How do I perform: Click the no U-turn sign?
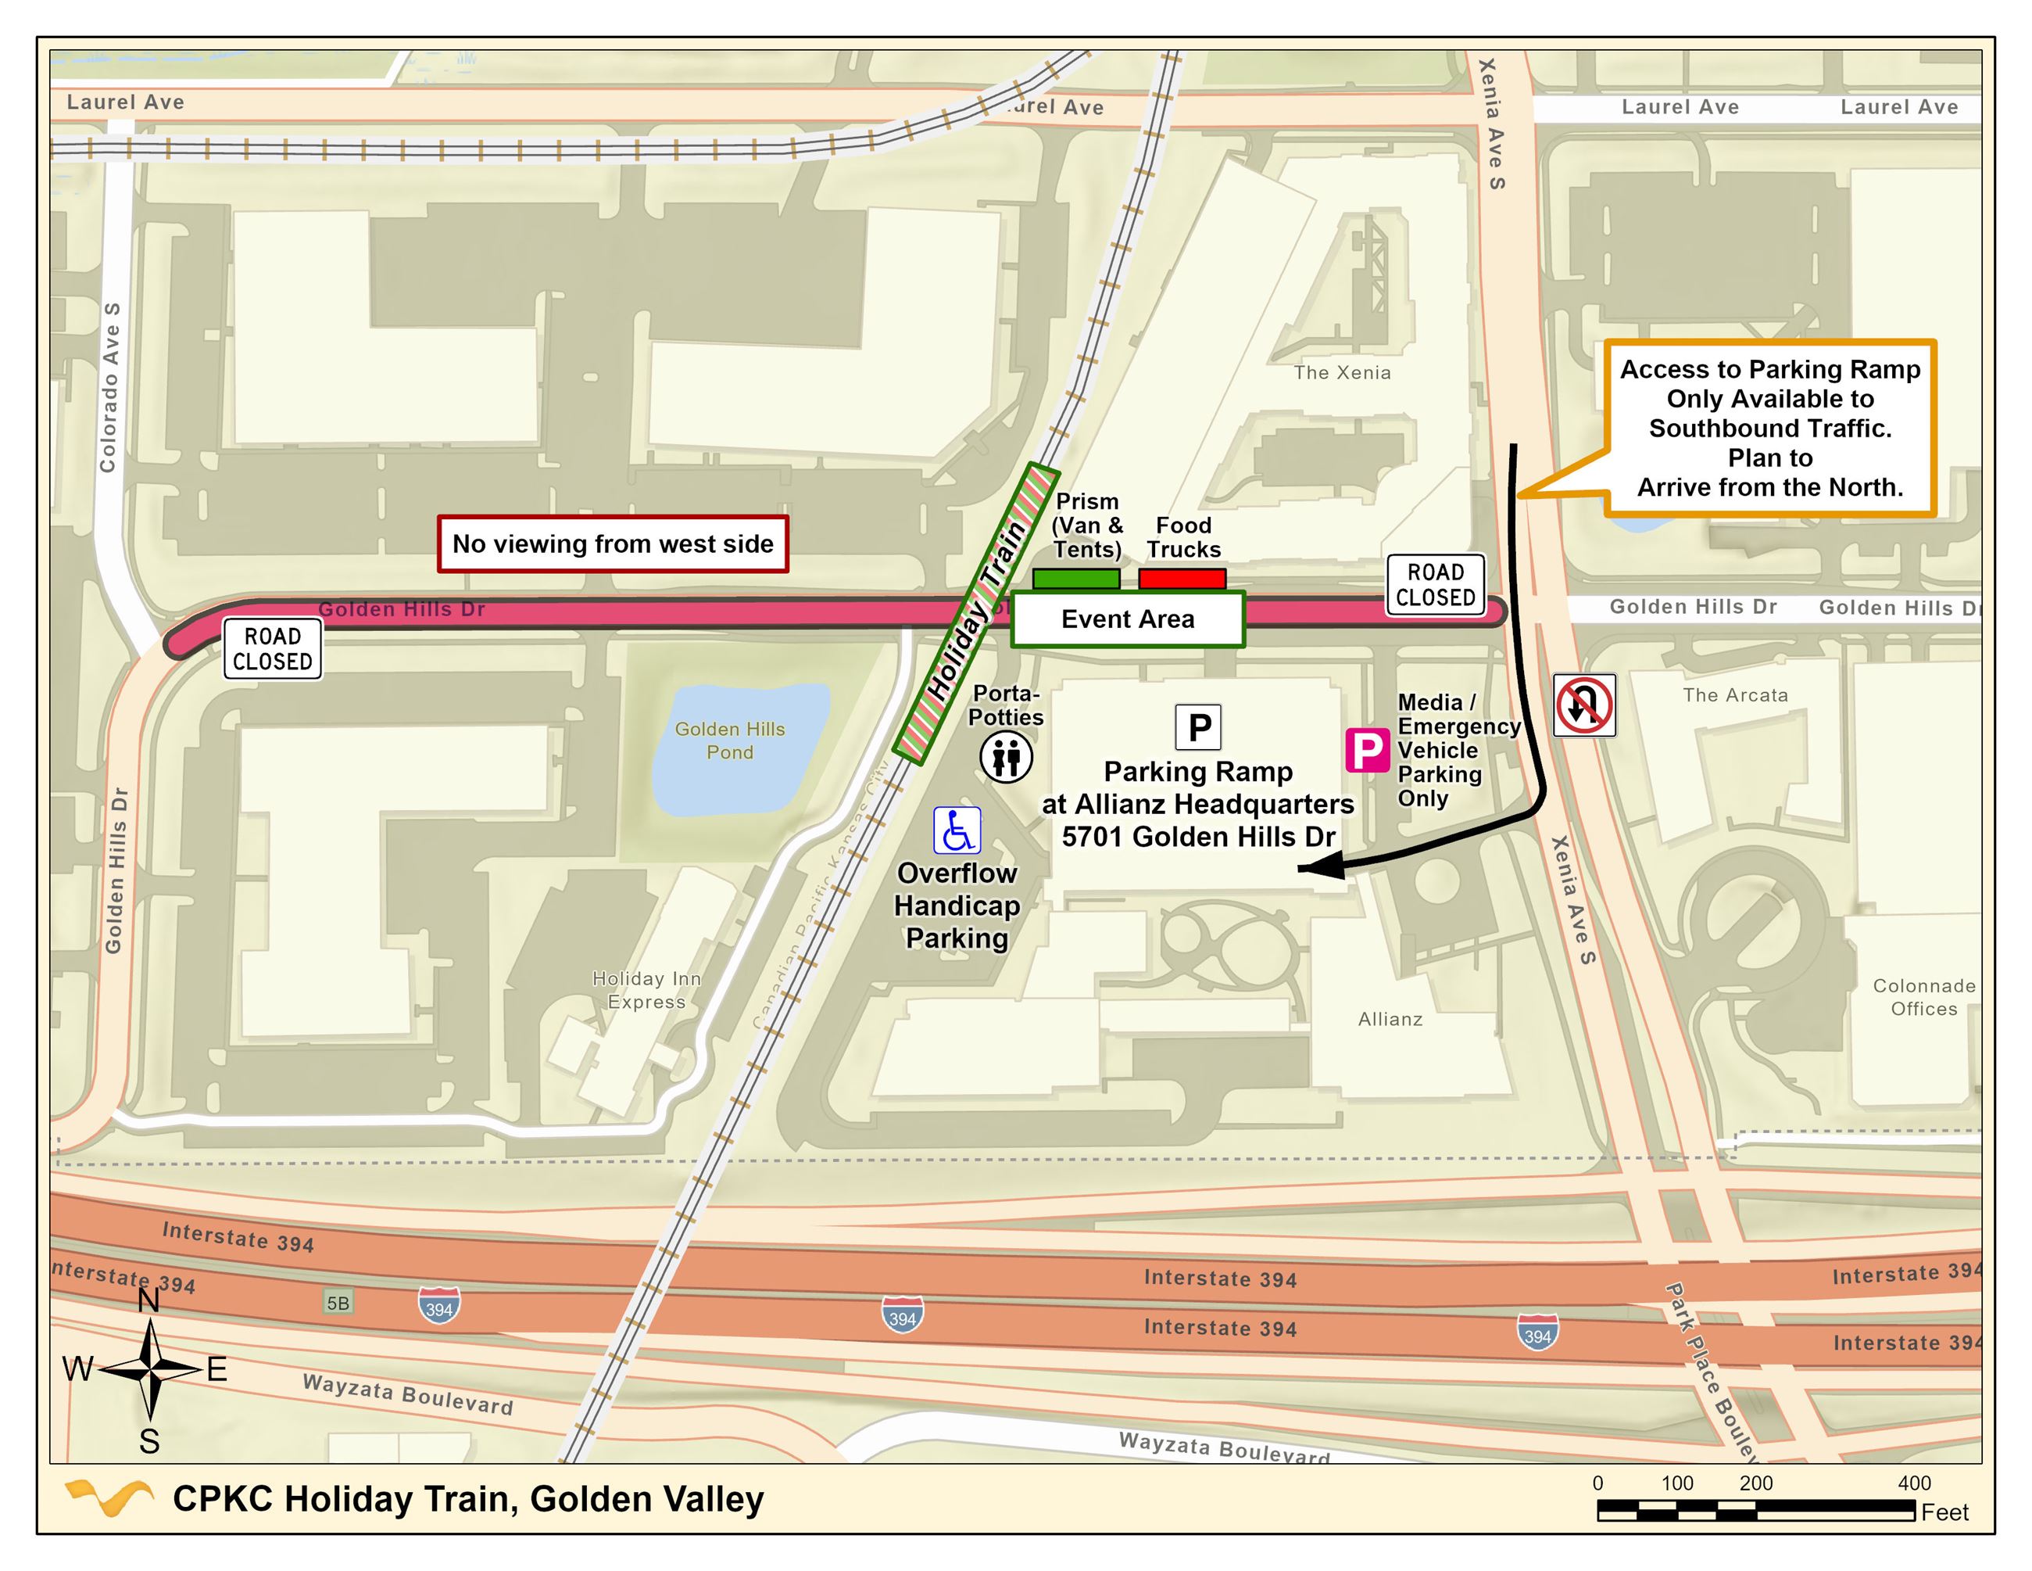(1584, 705)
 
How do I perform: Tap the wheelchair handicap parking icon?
(957, 830)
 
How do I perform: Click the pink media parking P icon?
(1368, 750)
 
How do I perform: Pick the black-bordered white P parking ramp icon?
(1198, 727)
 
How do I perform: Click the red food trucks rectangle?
(1182, 578)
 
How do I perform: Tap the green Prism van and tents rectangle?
(1075, 578)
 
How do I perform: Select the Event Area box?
(1128, 619)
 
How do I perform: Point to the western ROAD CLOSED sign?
(273, 649)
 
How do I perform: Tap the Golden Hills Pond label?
(729, 741)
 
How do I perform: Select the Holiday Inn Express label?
(646, 989)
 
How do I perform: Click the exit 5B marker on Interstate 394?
(338, 1303)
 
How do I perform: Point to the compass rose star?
(150, 1369)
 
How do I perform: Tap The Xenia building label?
(1342, 373)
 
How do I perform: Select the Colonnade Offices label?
(1923, 997)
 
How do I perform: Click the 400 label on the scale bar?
(1914, 1483)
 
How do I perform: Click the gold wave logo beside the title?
(109, 1497)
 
